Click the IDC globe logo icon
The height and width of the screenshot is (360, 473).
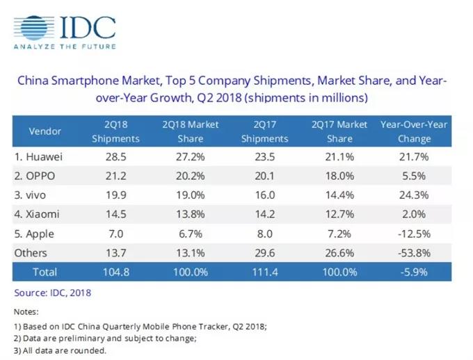click(x=34, y=28)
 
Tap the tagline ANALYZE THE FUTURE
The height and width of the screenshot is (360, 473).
click(x=65, y=47)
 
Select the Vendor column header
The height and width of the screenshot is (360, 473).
click(x=45, y=131)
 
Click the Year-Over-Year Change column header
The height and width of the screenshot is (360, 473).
click(x=414, y=131)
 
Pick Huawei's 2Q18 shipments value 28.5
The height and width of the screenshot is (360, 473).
click(x=116, y=157)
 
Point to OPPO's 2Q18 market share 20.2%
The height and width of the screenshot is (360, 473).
click(x=191, y=176)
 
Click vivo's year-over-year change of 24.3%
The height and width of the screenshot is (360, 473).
click(x=414, y=195)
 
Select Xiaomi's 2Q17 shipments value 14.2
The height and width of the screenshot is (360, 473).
click(x=264, y=214)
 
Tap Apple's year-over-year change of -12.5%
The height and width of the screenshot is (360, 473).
click(x=414, y=234)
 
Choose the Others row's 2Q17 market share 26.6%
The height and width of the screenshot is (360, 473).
click(x=339, y=253)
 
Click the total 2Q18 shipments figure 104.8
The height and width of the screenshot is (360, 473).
click(x=116, y=272)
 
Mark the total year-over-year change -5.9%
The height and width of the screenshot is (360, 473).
click(x=414, y=272)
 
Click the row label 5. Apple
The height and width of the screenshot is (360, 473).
click(x=34, y=234)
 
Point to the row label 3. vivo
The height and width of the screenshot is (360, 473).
click(x=30, y=195)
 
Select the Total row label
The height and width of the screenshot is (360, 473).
click(x=45, y=272)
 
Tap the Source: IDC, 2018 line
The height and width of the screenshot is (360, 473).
click(x=52, y=293)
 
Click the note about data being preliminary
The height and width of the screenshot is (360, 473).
click(x=105, y=338)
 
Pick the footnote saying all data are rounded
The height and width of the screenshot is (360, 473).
click(x=60, y=351)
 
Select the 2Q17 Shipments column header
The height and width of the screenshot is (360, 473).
click(x=264, y=131)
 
